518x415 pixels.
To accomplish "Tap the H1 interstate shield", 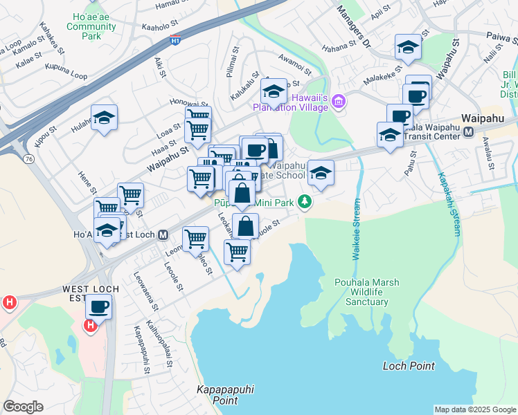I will (x=177, y=40).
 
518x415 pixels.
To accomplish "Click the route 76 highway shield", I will (x=29, y=158).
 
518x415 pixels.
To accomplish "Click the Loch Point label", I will (x=409, y=365).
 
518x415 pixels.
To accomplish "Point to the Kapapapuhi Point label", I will (x=217, y=395).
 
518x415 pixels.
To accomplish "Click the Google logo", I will (x=23, y=407).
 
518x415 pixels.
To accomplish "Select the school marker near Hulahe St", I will (x=104, y=118).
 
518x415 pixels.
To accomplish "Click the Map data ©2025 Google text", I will (x=475, y=409).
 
